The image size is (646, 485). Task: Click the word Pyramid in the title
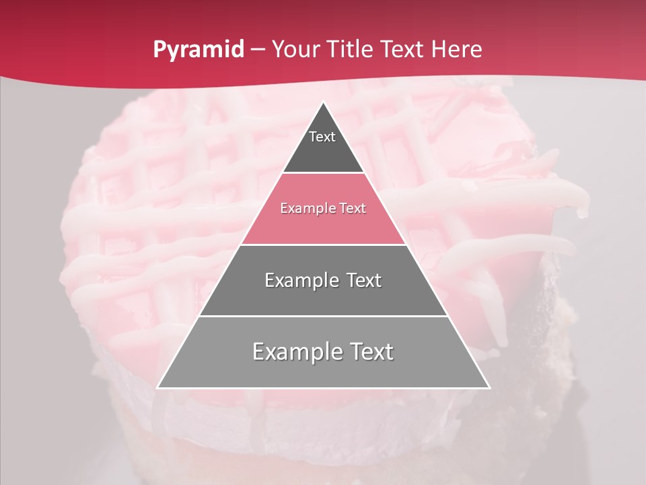(198, 50)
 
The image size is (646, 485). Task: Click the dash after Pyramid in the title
(258, 50)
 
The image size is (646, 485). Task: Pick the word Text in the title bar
(402, 49)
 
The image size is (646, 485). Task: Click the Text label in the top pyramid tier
(322, 137)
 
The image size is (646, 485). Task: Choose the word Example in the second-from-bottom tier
(300, 280)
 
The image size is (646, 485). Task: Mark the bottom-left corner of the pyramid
(157, 388)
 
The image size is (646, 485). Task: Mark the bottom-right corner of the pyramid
(489, 388)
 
